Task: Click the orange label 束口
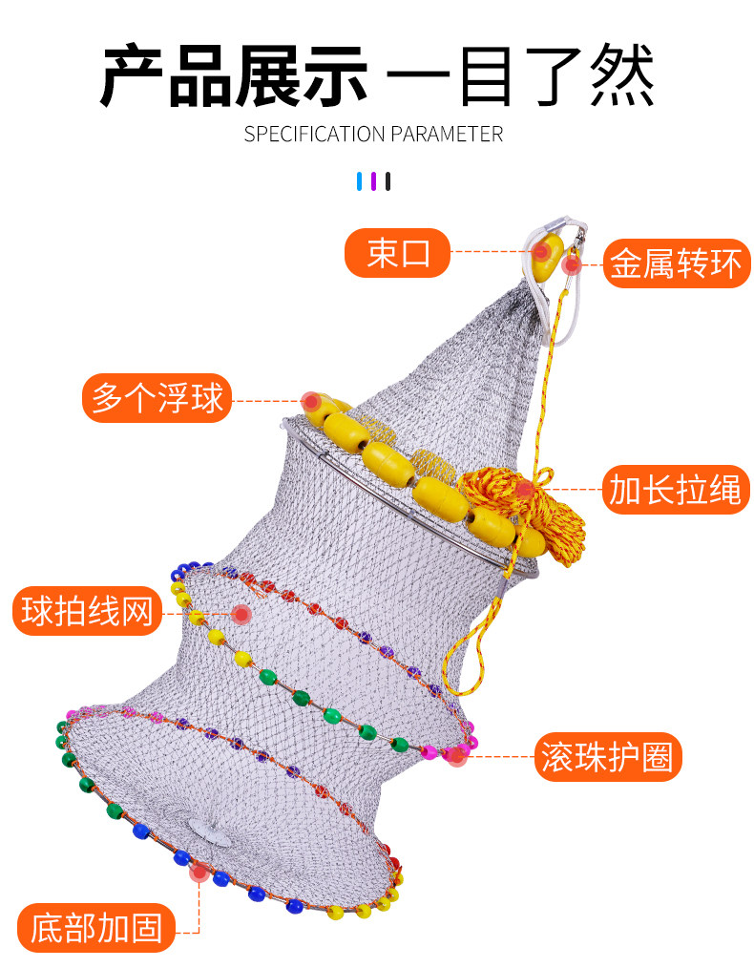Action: coord(397,252)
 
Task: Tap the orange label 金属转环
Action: coord(677,263)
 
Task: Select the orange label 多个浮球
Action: coord(157,397)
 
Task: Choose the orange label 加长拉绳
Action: coord(676,490)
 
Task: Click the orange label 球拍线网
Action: coord(87,611)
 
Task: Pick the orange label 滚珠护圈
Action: coord(608,757)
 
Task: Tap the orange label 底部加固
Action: coord(96,928)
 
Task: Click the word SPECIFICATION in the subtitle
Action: coord(314,134)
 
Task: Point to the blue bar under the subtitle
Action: coord(360,181)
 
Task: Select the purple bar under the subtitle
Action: coord(373,181)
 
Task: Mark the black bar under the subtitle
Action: coord(387,181)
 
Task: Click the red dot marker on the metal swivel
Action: coord(572,264)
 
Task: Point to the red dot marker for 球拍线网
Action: coord(241,614)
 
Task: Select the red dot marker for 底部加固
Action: coord(199,873)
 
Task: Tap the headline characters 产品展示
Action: coord(235,76)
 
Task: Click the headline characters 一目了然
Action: coord(520,76)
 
